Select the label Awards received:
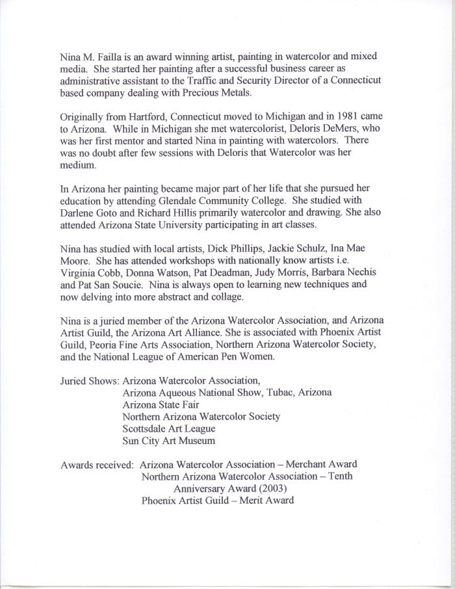point(97,464)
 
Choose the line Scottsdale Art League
point(168,429)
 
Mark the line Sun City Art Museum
point(168,441)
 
